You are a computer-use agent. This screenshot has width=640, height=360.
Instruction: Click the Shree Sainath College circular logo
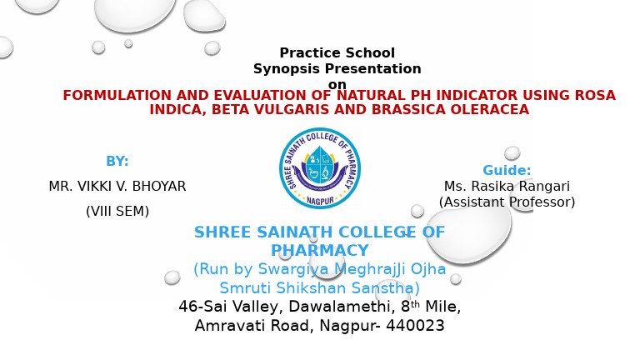pyautogui.click(x=320, y=168)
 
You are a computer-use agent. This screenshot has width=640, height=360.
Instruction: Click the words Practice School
pyautogui.click(x=337, y=52)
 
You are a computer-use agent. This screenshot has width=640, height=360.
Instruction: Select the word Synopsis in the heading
pyautogui.click(x=286, y=69)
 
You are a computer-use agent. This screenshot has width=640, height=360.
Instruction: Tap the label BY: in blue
pyautogui.click(x=117, y=161)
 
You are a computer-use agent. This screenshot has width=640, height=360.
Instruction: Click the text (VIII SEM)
pyautogui.click(x=117, y=211)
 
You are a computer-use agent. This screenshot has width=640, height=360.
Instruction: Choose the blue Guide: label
pyautogui.click(x=507, y=170)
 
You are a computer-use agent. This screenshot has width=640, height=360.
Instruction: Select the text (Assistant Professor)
pyautogui.click(x=507, y=202)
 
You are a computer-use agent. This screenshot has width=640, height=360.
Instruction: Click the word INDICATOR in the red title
pyautogui.click(x=477, y=95)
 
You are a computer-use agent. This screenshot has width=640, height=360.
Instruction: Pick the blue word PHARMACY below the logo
pyautogui.click(x=320, y=250)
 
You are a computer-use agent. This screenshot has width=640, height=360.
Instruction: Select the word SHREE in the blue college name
pyautogui.click(x=222, y=232)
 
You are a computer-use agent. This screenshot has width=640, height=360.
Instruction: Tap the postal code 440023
pyautogui.click(x=415, y=326)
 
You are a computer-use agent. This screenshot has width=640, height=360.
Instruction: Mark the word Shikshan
pyautogui.click(x=312, y=288)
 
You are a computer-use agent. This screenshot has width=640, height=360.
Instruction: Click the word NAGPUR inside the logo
pyautogui.click(x=320, y=201)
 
